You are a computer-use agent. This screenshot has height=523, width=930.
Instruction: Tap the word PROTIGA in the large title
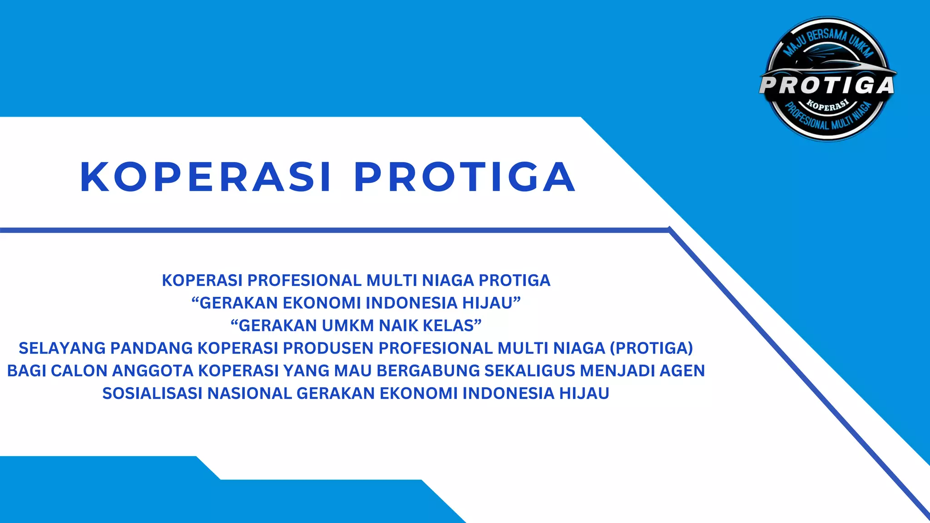click(465, 177)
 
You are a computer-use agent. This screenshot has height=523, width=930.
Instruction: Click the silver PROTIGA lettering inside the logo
click(827, 85)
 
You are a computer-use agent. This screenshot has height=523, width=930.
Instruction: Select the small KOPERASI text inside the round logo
click(827, 106)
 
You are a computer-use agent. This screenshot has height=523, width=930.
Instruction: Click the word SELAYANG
click(62, 348)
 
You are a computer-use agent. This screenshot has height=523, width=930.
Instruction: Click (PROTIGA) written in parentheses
click(651, 348)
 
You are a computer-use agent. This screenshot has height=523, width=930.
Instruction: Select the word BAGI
click(26, 371)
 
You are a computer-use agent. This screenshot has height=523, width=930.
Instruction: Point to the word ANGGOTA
click(153, 371)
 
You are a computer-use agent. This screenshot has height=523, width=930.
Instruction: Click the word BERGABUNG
click(428, 371)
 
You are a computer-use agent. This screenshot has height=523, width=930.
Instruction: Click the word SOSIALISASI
click(152, 394)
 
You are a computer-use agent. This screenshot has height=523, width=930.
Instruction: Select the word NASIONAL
click(249, 394)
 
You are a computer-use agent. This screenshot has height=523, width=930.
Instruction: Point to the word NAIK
click(398, 326)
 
